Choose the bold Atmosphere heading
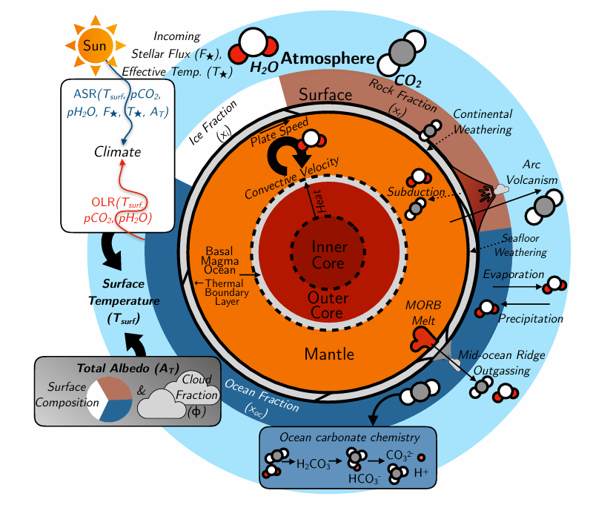(x=322, y=59)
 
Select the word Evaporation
(x=513, y=274)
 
